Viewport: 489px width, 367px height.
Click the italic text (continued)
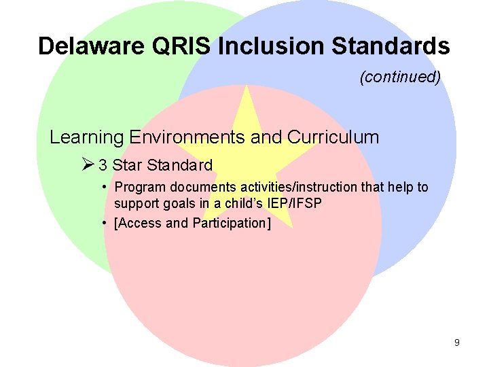pos(400,77)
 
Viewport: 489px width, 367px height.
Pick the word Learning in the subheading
pos(86,137)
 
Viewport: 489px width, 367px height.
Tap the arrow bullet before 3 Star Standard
pos(87,165)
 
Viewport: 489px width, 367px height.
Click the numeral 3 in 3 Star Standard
pos(103,165)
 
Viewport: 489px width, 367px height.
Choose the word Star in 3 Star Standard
pos(127,165)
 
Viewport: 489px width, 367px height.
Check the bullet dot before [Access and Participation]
pos(107,222)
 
